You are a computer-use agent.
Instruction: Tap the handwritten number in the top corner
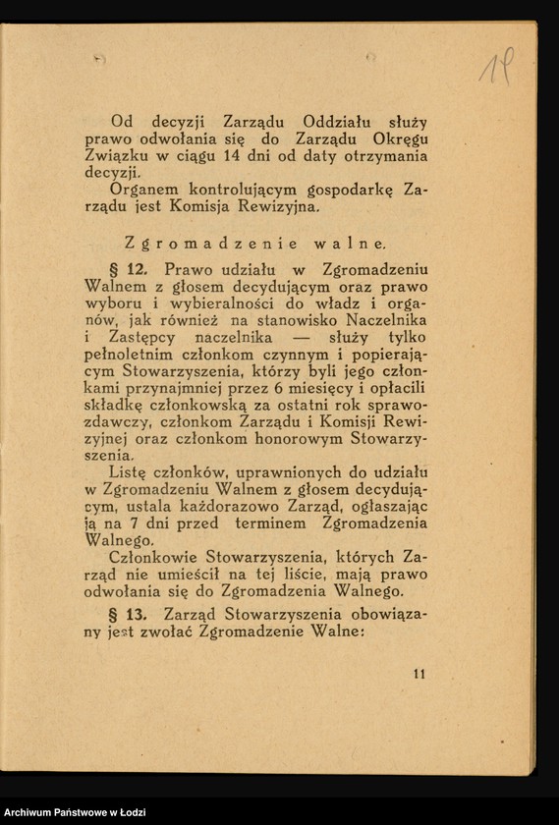coord(494,66)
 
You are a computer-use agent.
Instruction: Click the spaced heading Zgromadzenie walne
coord(256,242)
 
